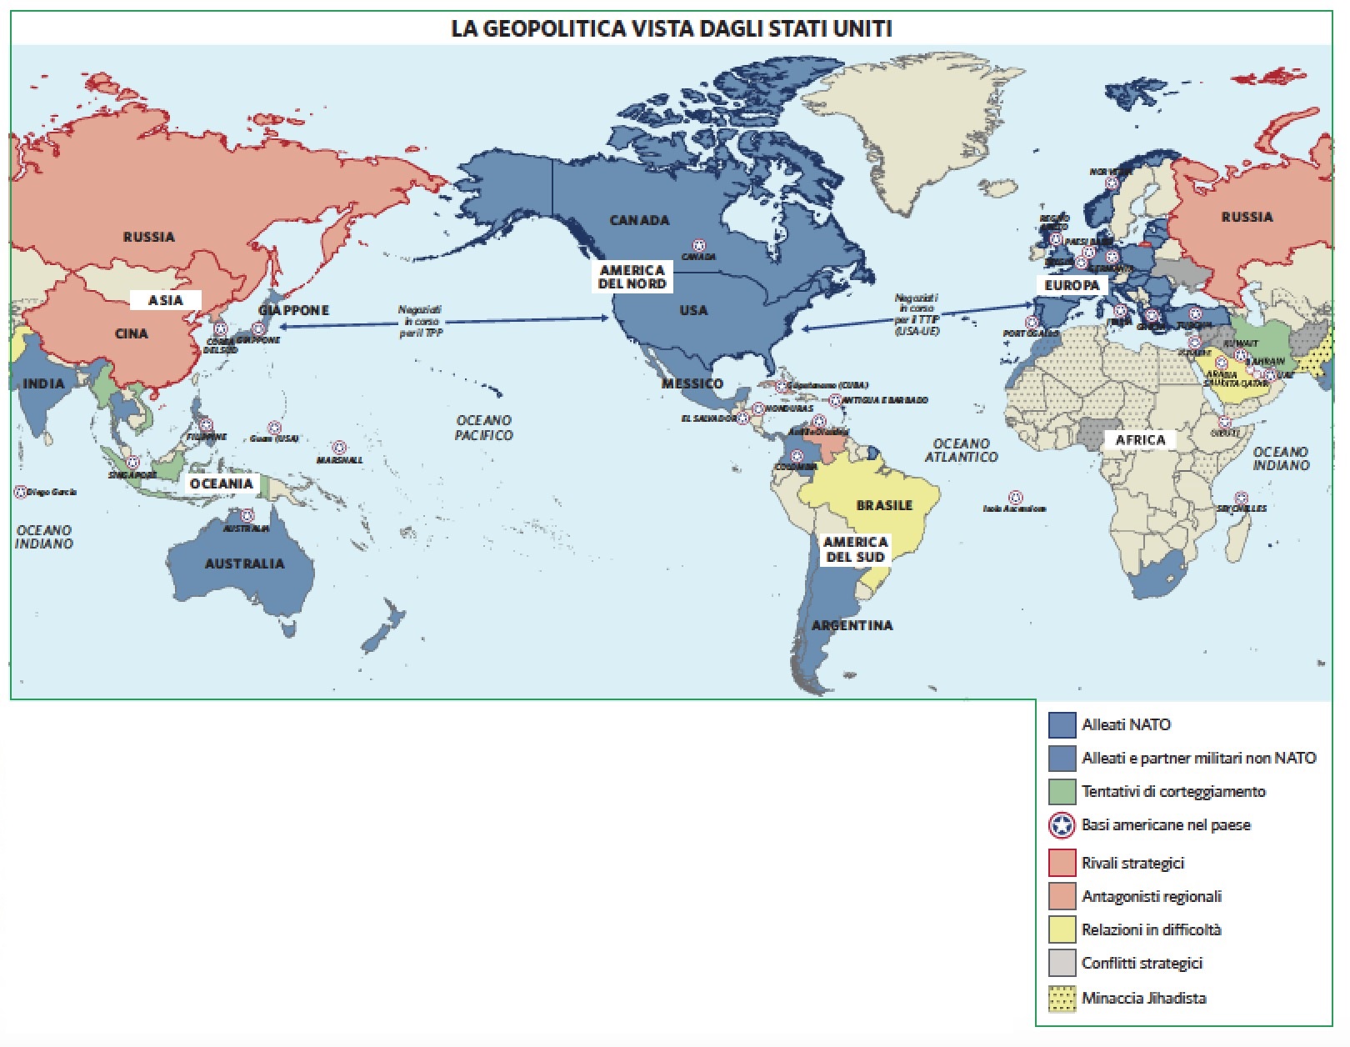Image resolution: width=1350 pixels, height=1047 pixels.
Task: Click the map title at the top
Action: pyautogui.click(x=671, y=28)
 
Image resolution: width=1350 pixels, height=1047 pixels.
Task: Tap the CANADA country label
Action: pyautogui.click(x=639, y=220)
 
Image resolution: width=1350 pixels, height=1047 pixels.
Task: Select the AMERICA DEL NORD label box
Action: pyautogui.click(x=632, y=277)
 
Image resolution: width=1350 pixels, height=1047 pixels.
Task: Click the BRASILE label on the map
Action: pyautogui.click(x=884, y=505)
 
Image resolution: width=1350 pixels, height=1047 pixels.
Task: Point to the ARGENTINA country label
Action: pyautogui.click(x=852, y=625)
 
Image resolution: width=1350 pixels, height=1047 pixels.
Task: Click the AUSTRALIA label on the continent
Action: pyautogui.click(x=244, y=564)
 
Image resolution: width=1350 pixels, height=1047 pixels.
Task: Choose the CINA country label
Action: pyautogui.click(x=132, y=333)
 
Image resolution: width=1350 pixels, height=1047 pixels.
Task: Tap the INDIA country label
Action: pyautogui.click(x=43, y=383)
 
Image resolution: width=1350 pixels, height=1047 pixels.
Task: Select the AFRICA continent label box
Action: pyautogui.click(x=1140, y=440)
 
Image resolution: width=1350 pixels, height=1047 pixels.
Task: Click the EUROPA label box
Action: pyautogui.click(x=1072, y=285)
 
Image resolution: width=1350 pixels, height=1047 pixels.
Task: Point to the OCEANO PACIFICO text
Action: pyautogui.click(x=483, y=428)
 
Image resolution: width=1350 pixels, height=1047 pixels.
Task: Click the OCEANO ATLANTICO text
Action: pyautogui.click(x=961, y=451)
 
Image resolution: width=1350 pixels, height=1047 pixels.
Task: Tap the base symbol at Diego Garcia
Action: pyautogui.click(x=21, y=492)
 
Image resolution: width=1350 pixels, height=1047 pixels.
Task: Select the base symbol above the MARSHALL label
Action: pyautogui.click(x=339, y=448)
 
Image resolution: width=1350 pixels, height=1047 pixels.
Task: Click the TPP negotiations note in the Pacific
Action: pyautogui.click(x=420, y=321)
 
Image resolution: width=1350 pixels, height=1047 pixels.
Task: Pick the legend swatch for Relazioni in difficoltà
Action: pyautogui.click(x=1062, y=929)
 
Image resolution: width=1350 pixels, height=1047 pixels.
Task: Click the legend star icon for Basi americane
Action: pyautogui.click(x=1062, y=825)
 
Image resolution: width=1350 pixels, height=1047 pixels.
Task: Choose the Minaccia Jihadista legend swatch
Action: pyautogui.click(x=1062, y=998)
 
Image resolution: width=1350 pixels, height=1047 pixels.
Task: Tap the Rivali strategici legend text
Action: pyautogui.click(x=1132, y=863)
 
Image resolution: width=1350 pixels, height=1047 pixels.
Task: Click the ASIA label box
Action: pyautogui.click(x=165, y=300)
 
